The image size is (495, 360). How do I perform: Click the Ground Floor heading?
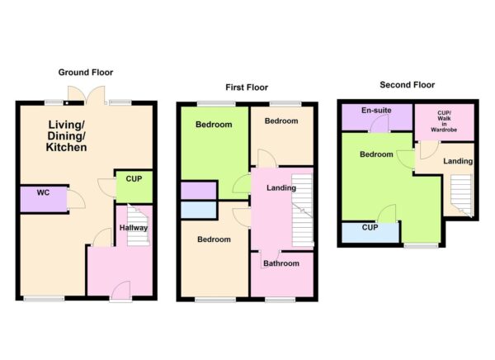(x=86, y=73)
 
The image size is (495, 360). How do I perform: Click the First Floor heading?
(x=247, y=87)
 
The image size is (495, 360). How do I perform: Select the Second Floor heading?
(x=407, y=84)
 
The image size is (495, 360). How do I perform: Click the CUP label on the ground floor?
(x=133, y=178)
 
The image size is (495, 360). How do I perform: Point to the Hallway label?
(x=133, y=228)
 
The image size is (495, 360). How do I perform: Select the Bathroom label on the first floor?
(x=280, y=264)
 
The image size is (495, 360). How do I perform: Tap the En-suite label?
(x=376, y=110)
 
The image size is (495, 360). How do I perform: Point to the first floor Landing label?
(x=280, y=188)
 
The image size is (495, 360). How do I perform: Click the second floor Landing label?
(x=458, y=161)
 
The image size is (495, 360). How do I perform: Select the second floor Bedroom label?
(x=375, y=154)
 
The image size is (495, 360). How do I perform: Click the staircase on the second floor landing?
(x=460, y=196)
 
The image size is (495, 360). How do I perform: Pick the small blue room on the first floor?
(x=198, y=210)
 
